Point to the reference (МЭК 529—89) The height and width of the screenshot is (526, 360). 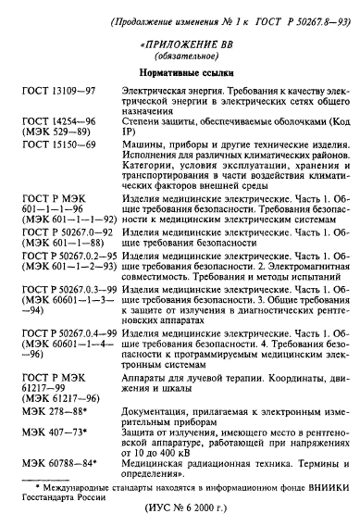point(64,135)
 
